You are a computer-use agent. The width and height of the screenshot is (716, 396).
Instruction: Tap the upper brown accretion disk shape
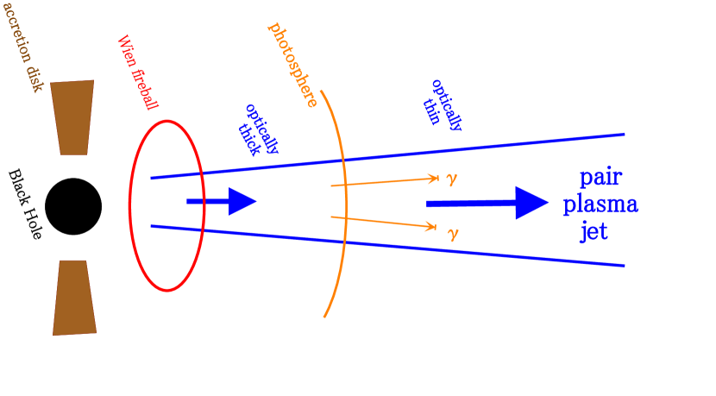click(72, 117)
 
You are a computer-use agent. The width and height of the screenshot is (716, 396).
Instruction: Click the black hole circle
click(73, 207)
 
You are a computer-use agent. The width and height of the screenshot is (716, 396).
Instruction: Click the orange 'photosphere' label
click(293, 65)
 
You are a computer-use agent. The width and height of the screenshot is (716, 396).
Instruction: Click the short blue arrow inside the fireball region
click(222, 202)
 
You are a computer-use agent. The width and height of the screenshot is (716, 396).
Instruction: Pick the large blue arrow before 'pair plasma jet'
click(487, 203)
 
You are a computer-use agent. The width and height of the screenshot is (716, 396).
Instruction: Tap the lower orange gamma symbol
click(452, 232)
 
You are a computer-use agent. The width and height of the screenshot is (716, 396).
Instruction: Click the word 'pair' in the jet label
click(600, 179)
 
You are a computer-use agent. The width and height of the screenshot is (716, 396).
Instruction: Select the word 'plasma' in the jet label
click(600, 205)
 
